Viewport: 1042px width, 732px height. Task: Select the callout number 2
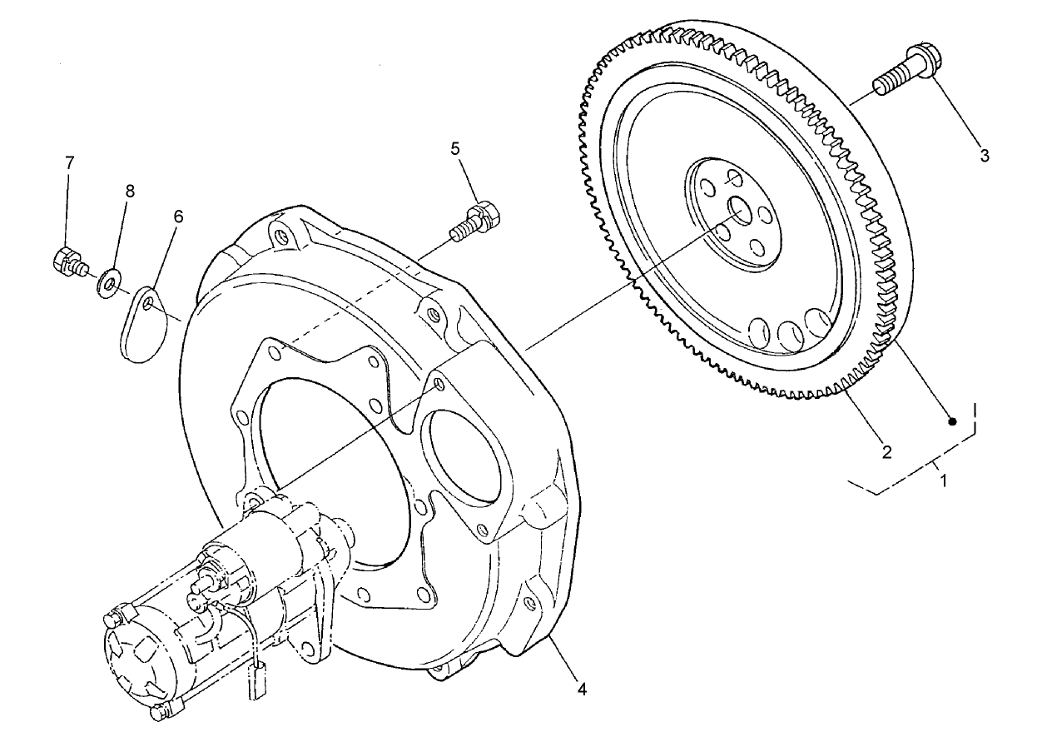pos(886,452)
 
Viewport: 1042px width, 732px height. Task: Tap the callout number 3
pos(985,156)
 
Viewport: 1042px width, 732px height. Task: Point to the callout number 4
pos(582,690)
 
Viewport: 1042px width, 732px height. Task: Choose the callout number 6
pos(178,217)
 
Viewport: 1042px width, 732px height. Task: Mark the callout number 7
pos(70,162)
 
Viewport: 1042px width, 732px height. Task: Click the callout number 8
pos(129,191)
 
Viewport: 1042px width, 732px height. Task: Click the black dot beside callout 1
pos(954,421)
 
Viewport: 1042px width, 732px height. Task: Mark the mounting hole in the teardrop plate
pos(148,305)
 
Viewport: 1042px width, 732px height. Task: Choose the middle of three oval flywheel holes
pos(788,335)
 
